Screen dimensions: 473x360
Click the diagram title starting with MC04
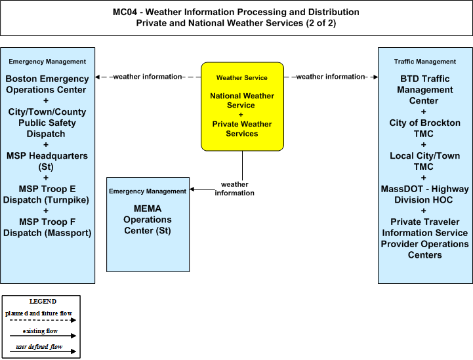tap(236, 18)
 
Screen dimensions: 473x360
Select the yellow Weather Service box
tap(242, 106)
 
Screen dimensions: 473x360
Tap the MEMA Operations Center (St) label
tap(148, 220)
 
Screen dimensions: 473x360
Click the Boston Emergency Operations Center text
tap(47, 84)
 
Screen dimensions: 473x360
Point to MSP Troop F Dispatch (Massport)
tap(47, 228)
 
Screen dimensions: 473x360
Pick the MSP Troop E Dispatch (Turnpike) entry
tap(46, 195)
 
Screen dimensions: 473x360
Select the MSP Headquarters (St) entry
tap(47, 161)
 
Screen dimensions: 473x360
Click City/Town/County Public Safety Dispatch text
tap(47, 123)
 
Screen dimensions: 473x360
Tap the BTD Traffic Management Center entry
tap(424, 90)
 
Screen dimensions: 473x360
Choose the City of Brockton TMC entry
tap(424, 128)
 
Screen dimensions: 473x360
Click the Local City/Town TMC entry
tap(424, 161)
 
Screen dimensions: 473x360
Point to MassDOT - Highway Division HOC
tap(424, 195)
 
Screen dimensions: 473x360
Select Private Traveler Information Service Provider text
tap(424, 233)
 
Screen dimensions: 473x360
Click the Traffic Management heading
tap(424, 62)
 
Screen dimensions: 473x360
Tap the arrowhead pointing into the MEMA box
tap(192, 190)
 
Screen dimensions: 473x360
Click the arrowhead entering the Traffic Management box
tap(375, 77)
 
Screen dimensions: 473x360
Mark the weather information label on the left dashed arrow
tap(148, 77)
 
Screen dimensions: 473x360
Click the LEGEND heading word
tap(43, 302)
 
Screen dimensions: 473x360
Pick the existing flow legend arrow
tap(43, 336)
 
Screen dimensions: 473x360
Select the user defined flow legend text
tap(39, 347)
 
